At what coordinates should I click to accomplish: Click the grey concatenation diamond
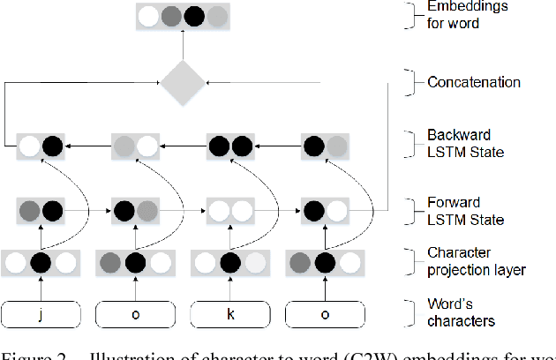(x=182, y=82)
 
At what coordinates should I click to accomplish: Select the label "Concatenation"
(x=473, y=82)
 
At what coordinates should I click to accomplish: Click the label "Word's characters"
(x=460, y=313)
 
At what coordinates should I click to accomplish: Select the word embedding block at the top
(x=183, y=16)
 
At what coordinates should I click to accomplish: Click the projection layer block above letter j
(x=41, y=262)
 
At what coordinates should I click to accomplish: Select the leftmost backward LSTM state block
(x=41, y=144)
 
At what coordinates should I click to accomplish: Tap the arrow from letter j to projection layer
(x=41, y=287)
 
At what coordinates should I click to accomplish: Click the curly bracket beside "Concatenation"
(x=409, y=82)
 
